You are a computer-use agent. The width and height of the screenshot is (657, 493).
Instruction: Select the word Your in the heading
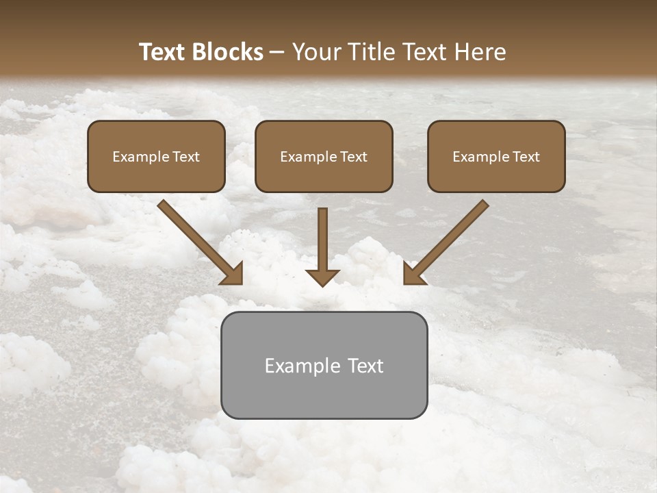click(316, 52)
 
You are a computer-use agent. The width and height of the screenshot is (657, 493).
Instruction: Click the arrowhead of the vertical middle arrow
click(322, 277)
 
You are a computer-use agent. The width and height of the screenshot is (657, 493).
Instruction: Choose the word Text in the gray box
click(366, 366)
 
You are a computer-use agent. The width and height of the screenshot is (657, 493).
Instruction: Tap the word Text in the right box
click(526, 157)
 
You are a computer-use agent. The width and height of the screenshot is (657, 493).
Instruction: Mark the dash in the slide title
click(277, 53)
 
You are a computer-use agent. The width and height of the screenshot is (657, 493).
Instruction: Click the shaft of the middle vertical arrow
click(322, 236)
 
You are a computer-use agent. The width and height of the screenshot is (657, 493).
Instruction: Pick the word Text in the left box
click(186, 157)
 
